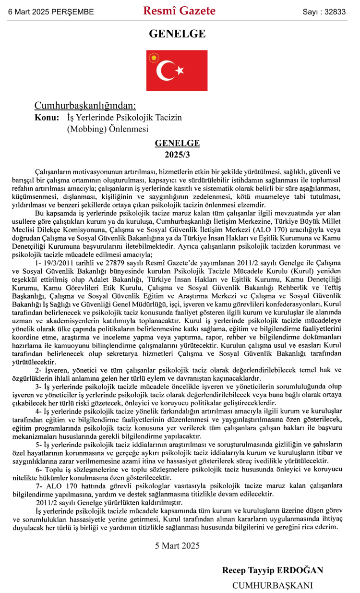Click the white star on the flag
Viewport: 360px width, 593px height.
180,71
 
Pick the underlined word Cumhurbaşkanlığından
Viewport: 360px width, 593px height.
85,106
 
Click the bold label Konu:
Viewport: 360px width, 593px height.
47,118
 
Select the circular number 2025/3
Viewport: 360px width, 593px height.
177,155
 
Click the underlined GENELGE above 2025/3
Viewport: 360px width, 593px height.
177,144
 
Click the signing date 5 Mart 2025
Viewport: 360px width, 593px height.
177,545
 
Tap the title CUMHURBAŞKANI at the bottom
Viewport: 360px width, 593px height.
272,585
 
